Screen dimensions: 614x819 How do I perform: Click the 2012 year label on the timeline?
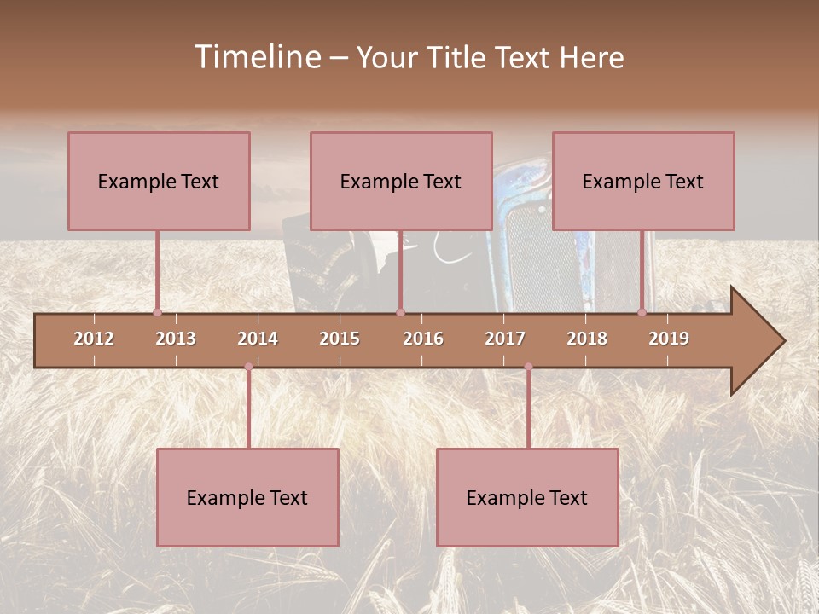(94, 339)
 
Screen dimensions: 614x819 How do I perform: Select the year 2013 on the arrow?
(176, 339)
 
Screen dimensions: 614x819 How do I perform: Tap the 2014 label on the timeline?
(258, 339)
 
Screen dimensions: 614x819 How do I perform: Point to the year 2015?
(340, 339)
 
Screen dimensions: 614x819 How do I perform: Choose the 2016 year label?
(423, 339)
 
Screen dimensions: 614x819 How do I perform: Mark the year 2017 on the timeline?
(505, 339)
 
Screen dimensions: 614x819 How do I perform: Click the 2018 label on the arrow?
(587, 339)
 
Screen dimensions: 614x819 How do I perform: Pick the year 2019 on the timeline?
(669, 339)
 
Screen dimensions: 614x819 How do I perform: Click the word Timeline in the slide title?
(256, 57)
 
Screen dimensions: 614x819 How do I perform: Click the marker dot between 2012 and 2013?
(157, 312)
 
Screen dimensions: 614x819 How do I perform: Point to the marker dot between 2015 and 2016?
(400, 312)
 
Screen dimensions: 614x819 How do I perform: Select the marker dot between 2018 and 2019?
(642, 312)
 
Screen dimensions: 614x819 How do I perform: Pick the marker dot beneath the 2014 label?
(248, 367)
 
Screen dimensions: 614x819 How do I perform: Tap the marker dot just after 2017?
(528, 367)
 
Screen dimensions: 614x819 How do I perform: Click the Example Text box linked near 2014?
(247, 497)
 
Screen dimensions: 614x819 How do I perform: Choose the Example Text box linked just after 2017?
(527, 497)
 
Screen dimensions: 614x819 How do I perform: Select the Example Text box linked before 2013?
(159, 181)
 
